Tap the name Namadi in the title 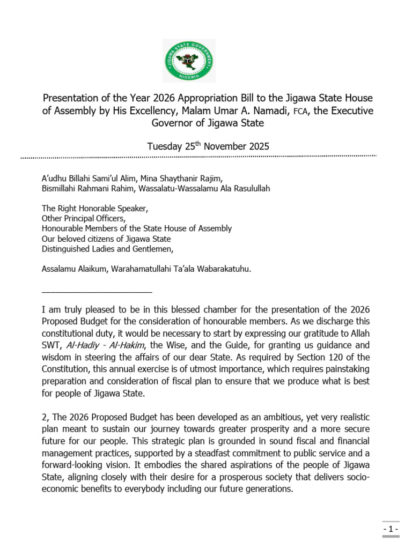click(x=273, y=110)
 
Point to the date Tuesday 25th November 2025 click(x=208, y=146)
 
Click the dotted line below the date click(x=198, y=157)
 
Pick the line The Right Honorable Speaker click(x=94, y=208)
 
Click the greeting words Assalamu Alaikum click(x=75, y=269)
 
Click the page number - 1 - click(x=391, y=529)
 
